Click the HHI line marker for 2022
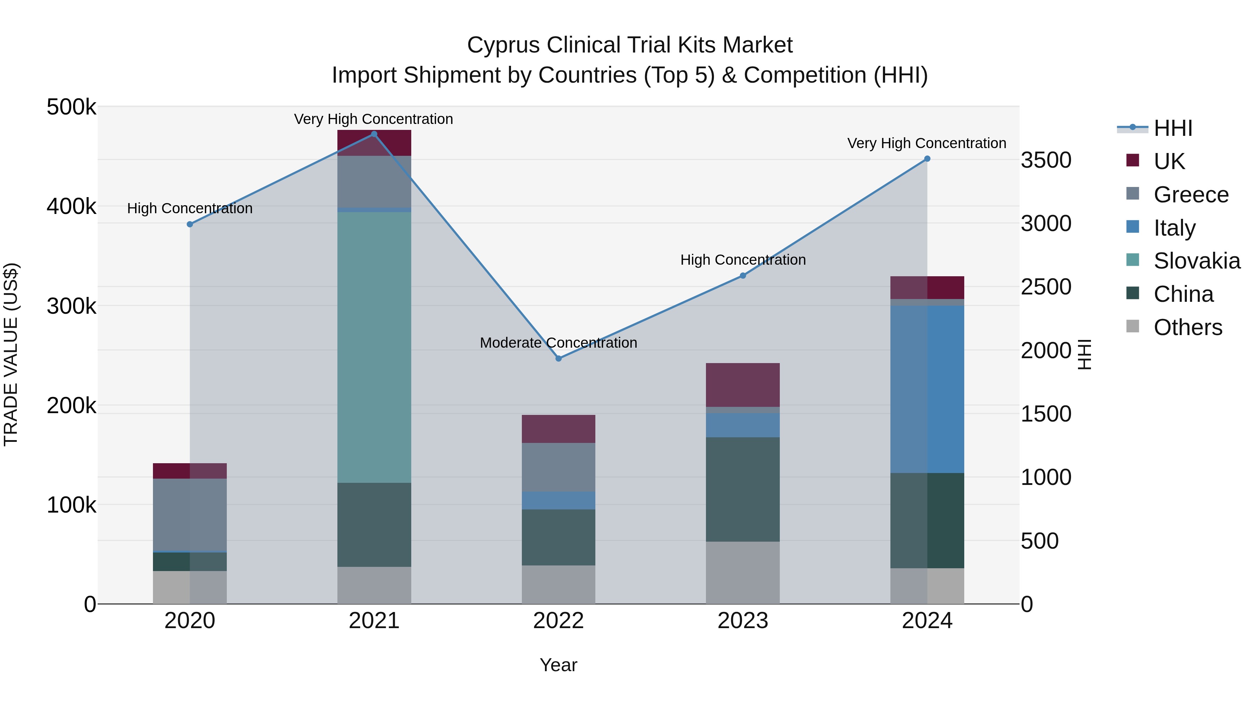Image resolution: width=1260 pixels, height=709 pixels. [x=559, y=358]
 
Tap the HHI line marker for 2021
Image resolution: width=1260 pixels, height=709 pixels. [x=374, y=134]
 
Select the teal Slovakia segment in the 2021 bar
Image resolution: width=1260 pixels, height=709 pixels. [x=374, y=347]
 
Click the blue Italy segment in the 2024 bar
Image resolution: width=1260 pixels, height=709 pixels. [x=927, y=389]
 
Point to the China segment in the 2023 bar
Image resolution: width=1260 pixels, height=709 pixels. [x=742, y=489]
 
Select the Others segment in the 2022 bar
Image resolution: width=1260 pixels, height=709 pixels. [x=559, y=584]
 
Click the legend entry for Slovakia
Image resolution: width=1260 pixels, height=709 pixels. [x=1196, y=261]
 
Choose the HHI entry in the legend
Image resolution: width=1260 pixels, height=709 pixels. [x=1172, y=128]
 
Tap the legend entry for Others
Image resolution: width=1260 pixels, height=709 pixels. [x=1187, y=327]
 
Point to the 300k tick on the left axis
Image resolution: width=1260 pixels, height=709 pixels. [x=71, y=306]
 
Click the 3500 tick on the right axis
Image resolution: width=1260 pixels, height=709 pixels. [x=1046, y=160]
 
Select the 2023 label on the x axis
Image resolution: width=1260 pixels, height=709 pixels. [x=742, y=621]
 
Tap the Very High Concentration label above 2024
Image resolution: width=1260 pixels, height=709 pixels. [x=926, y=143]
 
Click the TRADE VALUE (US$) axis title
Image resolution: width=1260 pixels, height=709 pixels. [x=11, y=354]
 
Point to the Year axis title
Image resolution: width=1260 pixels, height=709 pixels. [x=558, y=665]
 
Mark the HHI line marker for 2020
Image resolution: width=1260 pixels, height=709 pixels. [x=190, y=224]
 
